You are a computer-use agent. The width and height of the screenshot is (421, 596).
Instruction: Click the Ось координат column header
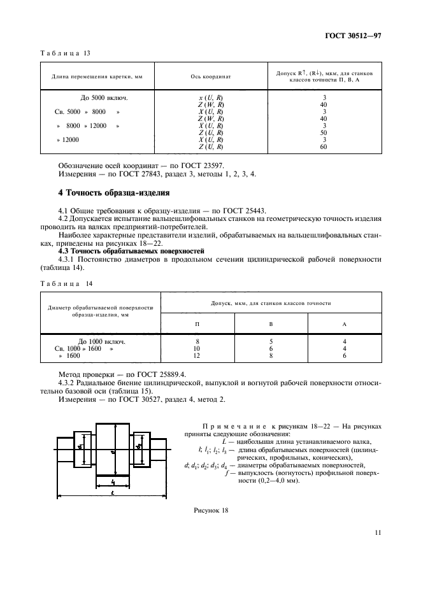tap(210, 76)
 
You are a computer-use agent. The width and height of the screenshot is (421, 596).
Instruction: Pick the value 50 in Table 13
tap(324, 132)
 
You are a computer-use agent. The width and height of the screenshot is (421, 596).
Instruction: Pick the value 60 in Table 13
tap(324, 146)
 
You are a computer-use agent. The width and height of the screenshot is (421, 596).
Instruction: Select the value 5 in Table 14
tap(271, 341)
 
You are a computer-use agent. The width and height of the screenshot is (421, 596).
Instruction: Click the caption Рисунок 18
tap(210, 511)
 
